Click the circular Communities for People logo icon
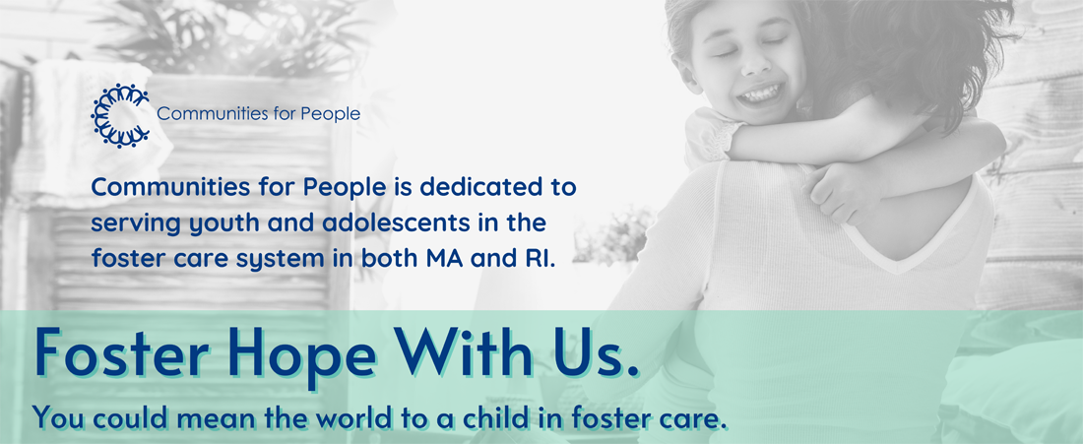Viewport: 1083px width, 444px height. click(120, 115)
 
